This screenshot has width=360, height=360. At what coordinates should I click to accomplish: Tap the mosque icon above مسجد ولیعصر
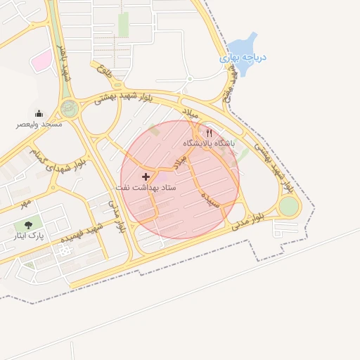click(x=39, y=113)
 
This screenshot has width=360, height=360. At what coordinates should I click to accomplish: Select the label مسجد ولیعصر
click(x=40, y=124)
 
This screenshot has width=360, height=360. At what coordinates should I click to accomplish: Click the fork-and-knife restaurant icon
click(x=209, y=133)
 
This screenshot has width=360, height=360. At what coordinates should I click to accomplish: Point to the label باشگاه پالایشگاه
click(x=210, y=143)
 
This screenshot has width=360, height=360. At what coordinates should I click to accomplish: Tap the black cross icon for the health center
click(x=146, y=176)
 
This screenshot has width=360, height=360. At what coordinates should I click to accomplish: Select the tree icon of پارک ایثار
click(x=28, y=225)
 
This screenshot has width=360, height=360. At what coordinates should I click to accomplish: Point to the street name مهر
click(x=26, y=202)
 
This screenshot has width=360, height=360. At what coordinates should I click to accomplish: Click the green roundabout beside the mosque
click(x=69, y=108)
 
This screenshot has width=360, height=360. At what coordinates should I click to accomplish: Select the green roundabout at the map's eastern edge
click(x=288, y=206)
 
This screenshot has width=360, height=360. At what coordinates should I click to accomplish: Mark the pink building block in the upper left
click(x=42, y=60)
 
